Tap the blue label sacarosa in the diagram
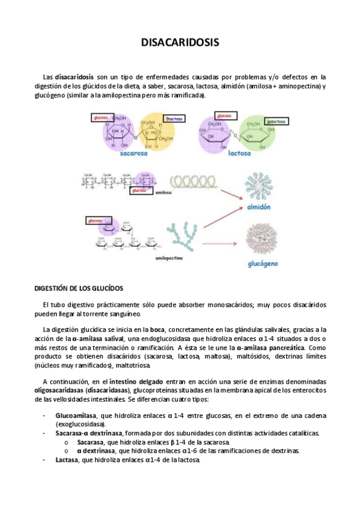click(133, 153)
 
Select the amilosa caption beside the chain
click(163, 194)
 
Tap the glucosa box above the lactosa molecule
click(224, 115)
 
